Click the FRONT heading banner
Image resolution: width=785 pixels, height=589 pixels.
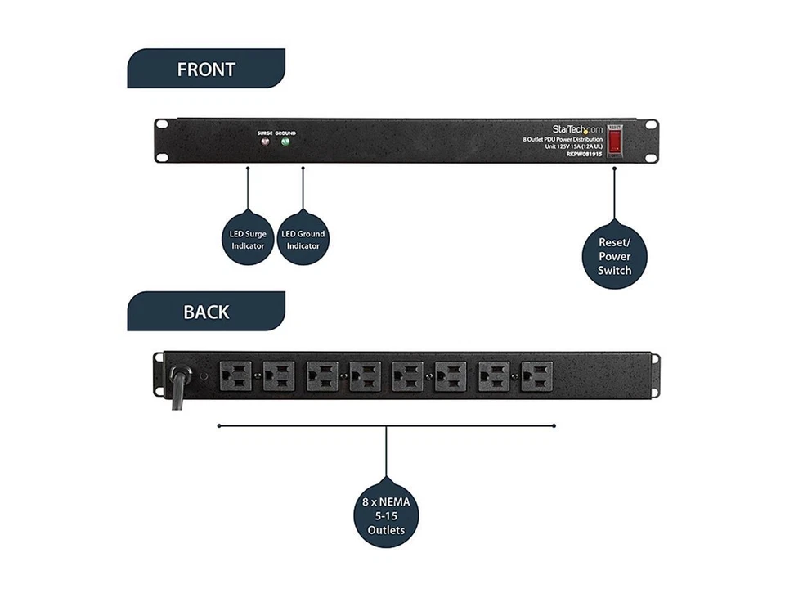[x=206, y=70]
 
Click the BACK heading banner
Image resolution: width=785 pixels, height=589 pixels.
[x=206, y=312]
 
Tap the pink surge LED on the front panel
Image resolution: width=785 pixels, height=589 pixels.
[x=265, y=142]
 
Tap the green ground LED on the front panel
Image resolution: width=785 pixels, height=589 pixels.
[x=285, y=142]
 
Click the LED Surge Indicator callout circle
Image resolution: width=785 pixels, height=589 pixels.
[x=248, y=240]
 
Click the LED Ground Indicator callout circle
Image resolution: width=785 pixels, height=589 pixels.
[x=303, y=240]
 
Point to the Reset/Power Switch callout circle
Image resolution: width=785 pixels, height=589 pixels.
[x=614, y=256]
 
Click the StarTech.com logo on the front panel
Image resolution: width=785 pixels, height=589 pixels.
[x=576, y=129]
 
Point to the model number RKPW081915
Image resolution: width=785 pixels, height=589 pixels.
[x=584, y=154]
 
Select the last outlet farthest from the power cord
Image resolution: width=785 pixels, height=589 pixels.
[x=536, y=376]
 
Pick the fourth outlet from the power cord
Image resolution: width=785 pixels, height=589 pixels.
[x=365, y=376]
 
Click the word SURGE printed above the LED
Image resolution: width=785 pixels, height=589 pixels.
[x=265, y=133]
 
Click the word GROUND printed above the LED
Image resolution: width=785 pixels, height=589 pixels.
[x=285, y=133]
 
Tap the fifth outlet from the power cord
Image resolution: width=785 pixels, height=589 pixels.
[x=408, y=376]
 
